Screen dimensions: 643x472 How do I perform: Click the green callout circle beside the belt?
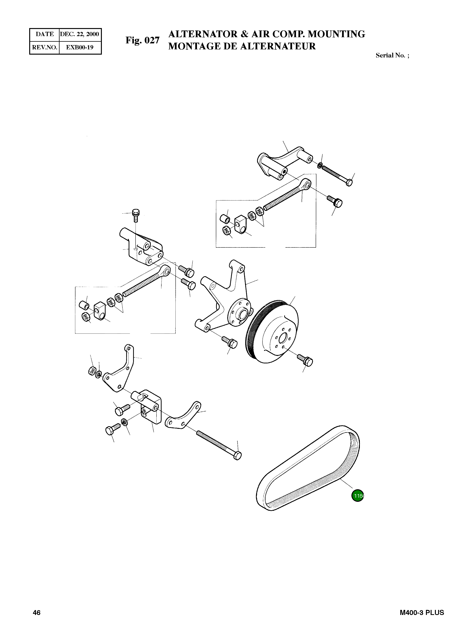[357, 496]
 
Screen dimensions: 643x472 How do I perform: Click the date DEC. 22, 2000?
[80, 34]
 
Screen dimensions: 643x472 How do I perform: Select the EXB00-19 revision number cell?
[80, 47]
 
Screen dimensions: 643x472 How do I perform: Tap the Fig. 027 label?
[142, 40]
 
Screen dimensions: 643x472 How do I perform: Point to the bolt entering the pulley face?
[305, 360]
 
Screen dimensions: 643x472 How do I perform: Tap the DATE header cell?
[45, 34]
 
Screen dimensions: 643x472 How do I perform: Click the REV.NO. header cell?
[45, 47]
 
